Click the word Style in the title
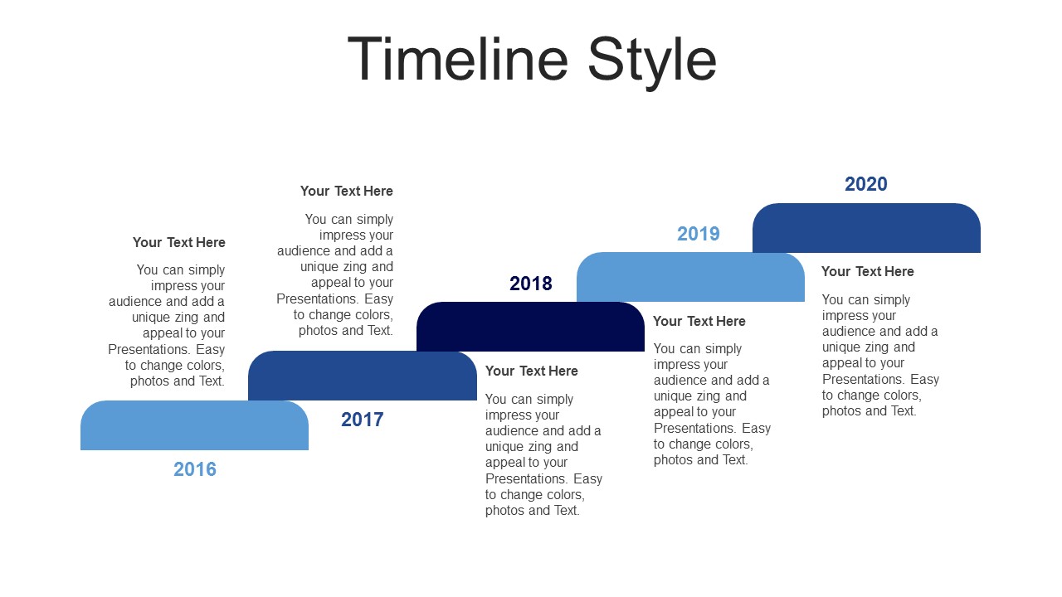pos(652,63)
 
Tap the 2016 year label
pos(195,469)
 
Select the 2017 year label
pos(363,420)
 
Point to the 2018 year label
pos(530,284)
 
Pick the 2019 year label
pos(699,234)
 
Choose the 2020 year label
pos(865,184)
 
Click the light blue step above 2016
pos(194,425)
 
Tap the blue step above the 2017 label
pos(363,376)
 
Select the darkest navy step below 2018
pos(530,327)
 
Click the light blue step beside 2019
pos(690,277)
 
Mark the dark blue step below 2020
pos(866,228)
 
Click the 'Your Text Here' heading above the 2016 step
pos(178,242)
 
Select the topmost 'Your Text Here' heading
pos(347,191)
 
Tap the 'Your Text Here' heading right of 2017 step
pos(532,371)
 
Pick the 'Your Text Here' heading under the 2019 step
pos(699,321)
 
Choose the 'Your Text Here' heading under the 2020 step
pos(868,271)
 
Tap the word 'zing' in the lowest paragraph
pos(539,447)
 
